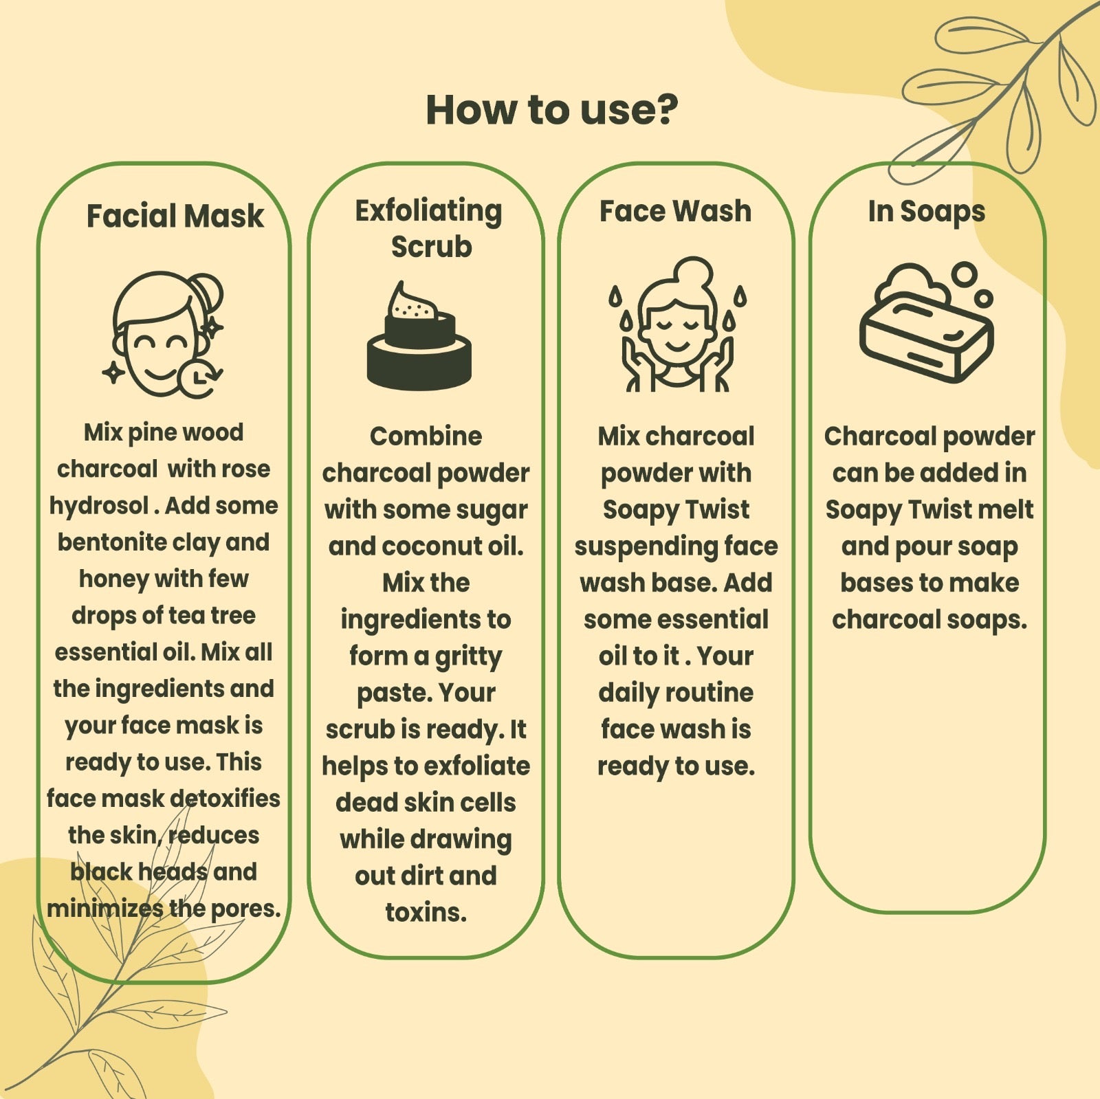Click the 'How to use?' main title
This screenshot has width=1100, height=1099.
pos(551,110)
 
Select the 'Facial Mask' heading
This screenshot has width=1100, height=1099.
pos(175,216)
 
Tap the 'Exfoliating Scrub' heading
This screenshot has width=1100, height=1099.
pos(429,228)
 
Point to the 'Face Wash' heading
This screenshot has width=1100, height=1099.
pos(675,211)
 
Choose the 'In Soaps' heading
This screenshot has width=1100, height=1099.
pos(926,211)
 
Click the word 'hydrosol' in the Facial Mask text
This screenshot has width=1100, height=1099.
pos(98,506)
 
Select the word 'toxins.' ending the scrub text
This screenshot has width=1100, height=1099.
pos(426,913)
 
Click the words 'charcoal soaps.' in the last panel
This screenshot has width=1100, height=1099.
pos(929,620)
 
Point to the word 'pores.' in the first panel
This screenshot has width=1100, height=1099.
pos(245,909)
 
